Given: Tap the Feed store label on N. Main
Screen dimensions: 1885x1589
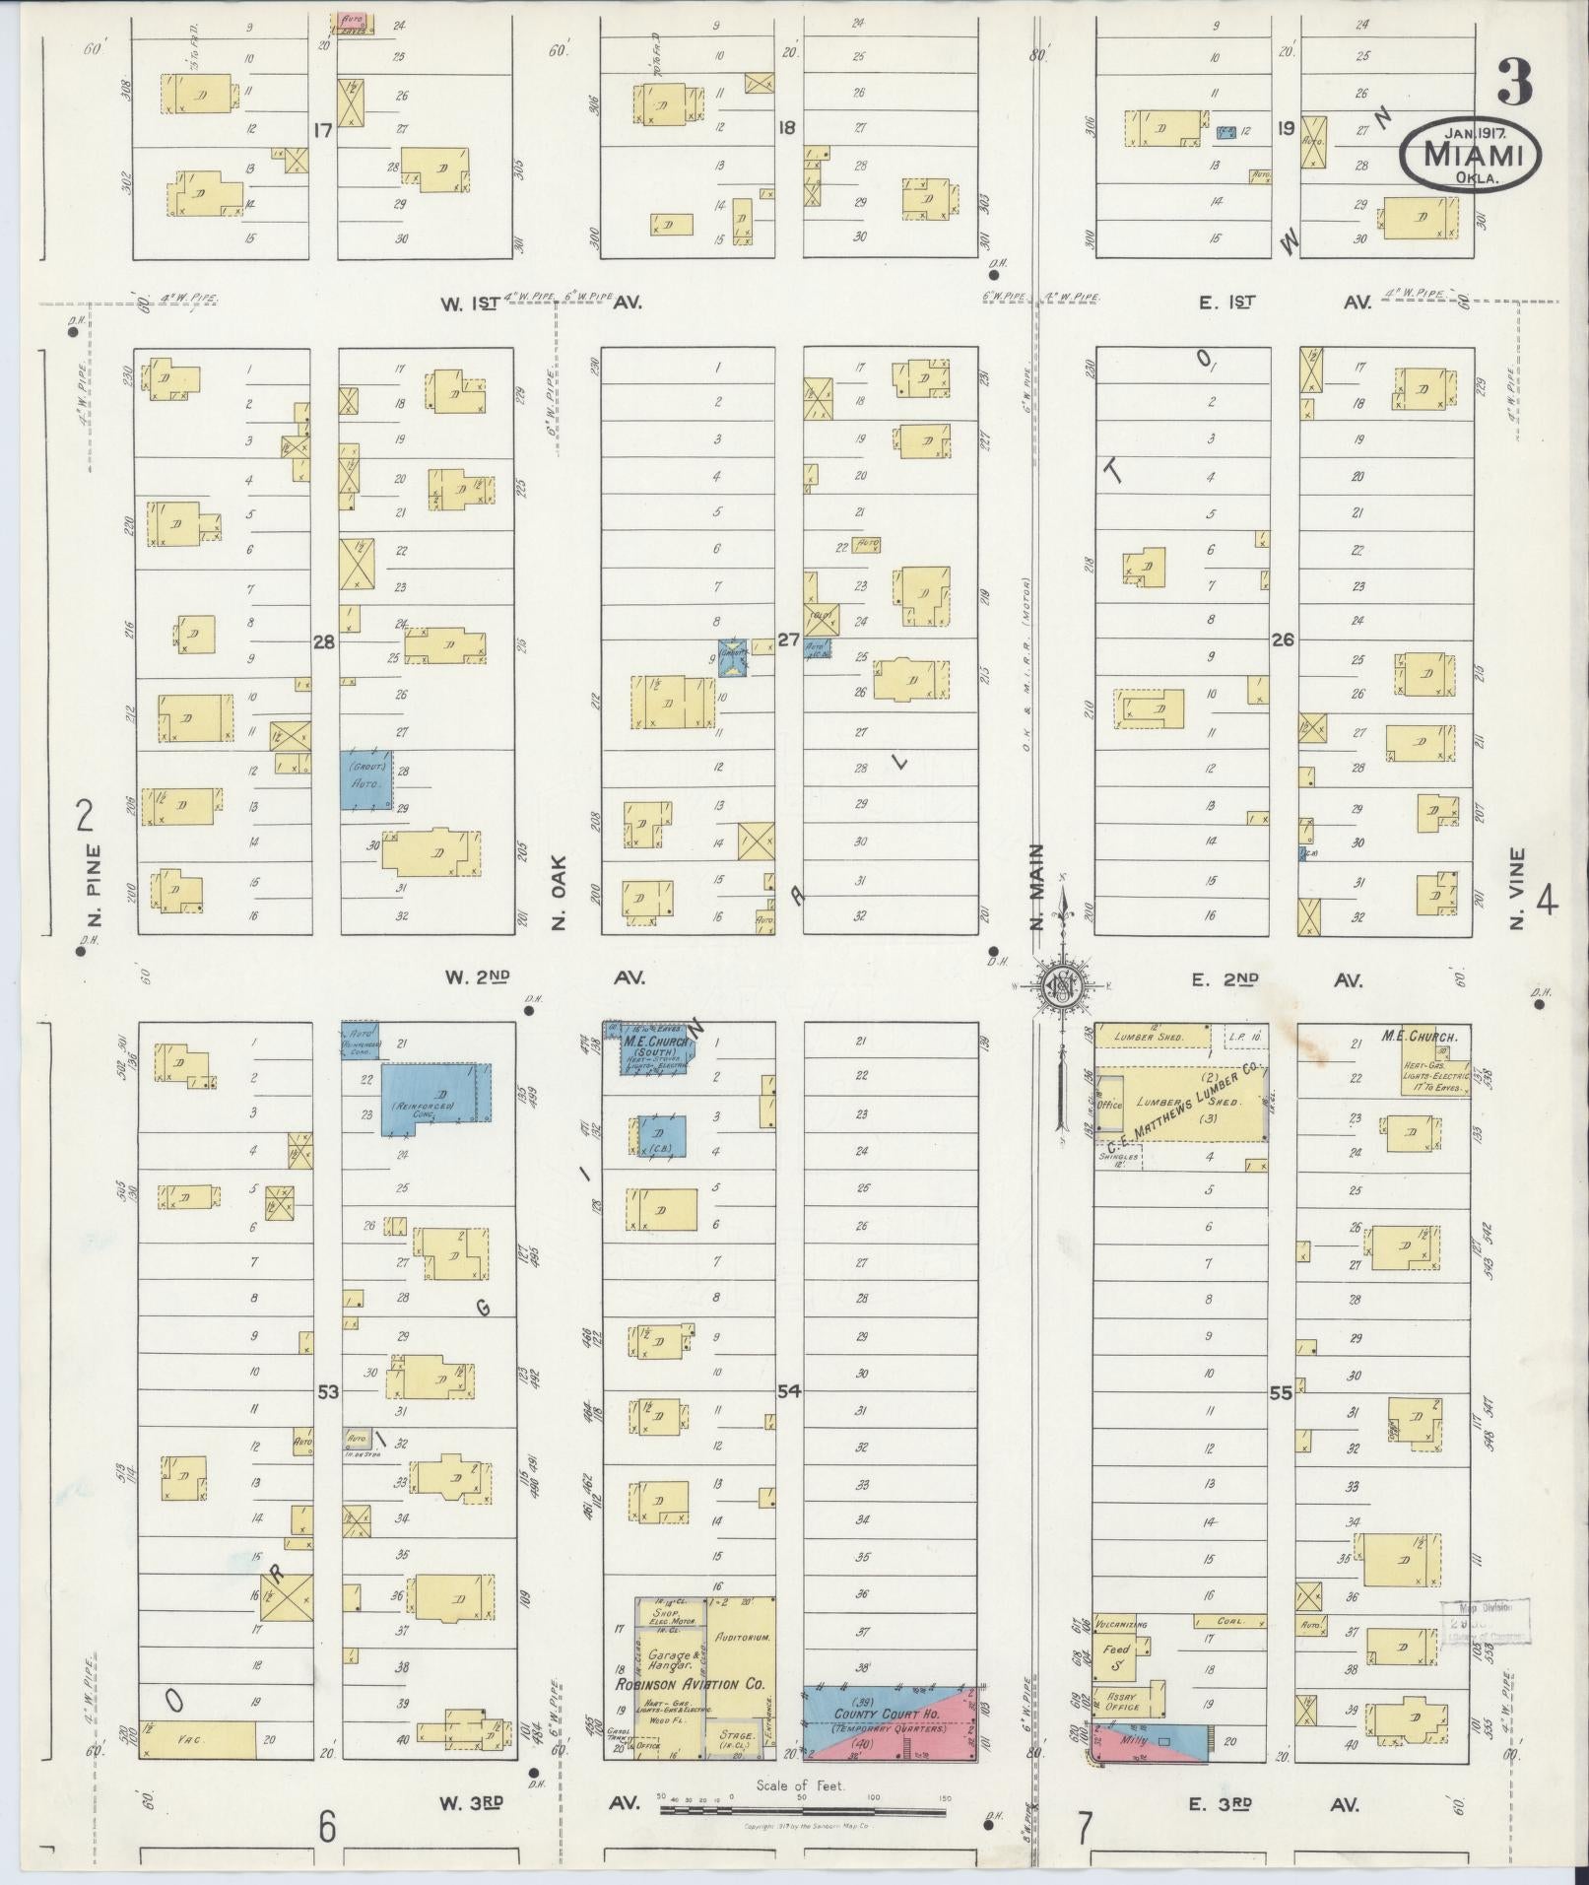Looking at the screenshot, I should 1116,1649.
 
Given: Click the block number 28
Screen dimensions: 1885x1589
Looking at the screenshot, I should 324,641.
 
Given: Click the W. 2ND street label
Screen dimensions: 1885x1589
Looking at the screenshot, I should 477,977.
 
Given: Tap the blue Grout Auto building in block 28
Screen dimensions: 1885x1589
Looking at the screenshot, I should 366,780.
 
